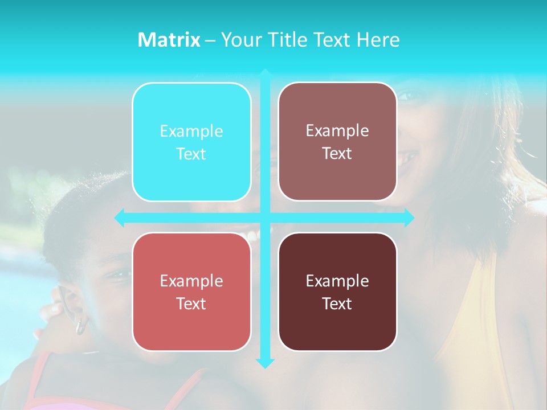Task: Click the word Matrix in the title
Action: (169, 40)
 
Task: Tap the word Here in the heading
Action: (378, 40)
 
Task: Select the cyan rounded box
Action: (191, 142)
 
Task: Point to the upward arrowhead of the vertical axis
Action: (265, 73)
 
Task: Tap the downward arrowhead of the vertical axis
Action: (265, 363)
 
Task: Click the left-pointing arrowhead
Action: (119, 218)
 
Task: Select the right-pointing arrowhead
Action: (409, 218)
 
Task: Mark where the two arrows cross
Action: (265, 218)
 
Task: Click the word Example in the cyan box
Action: (191, 131)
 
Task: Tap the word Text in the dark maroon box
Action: (337, 304)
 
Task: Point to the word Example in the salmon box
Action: (191, 281)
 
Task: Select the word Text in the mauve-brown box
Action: (337, 153)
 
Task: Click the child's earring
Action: (81, 326)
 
